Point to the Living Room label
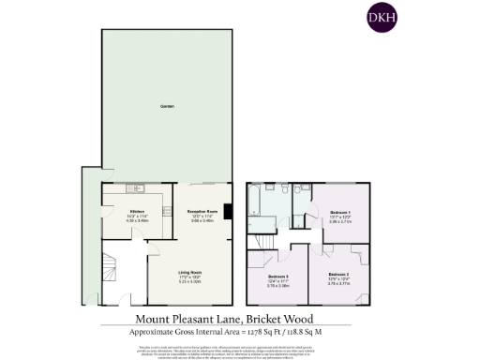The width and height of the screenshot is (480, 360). (191, 273)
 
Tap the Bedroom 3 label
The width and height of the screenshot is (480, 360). (277, 277)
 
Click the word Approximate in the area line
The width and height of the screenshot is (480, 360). (160, 332)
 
